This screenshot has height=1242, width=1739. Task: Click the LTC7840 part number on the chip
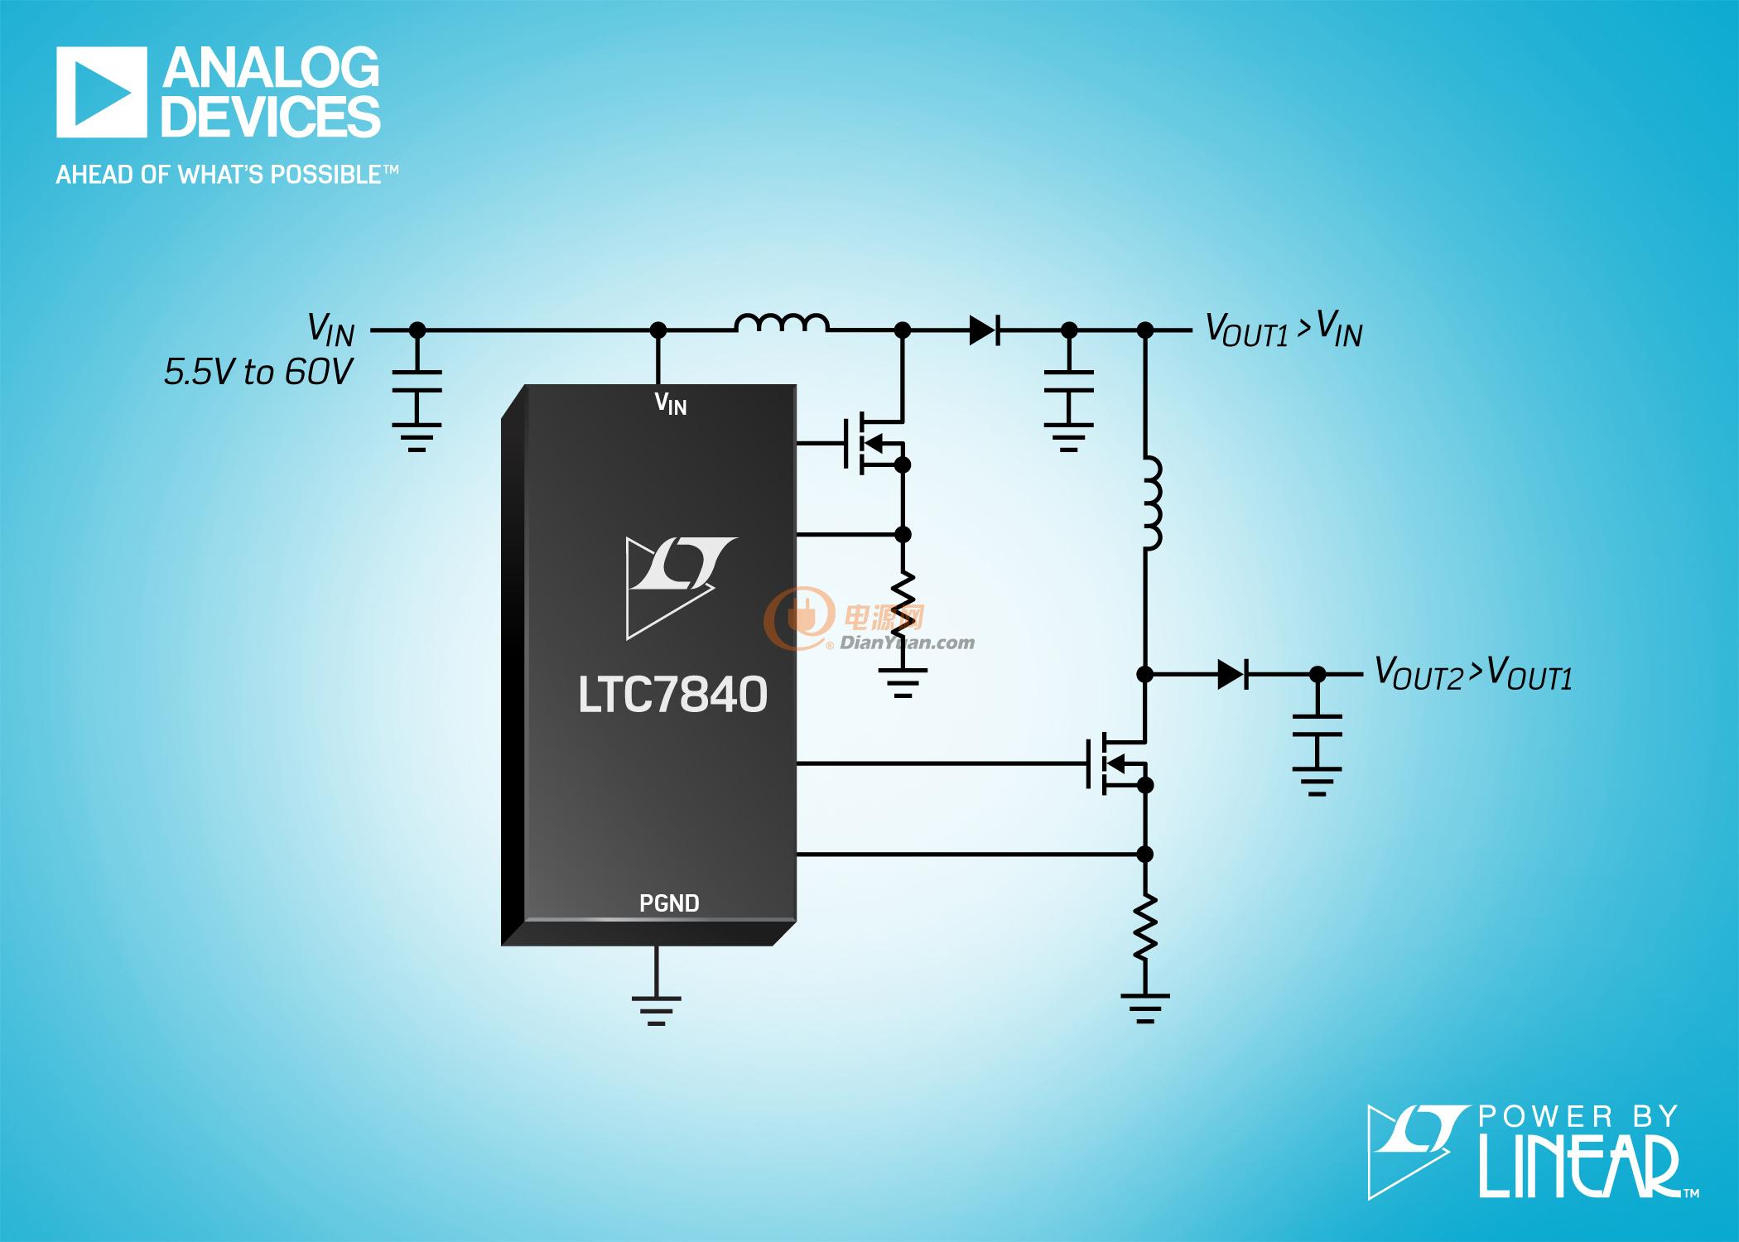point(672,695)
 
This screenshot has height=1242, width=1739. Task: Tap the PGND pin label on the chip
point(669,903)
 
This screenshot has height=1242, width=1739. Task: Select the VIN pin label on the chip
point(671,403)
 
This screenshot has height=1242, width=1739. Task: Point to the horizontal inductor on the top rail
point(781,323)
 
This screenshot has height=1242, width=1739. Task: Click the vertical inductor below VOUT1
point(1152,503)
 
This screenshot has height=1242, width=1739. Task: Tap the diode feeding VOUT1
point(985,330)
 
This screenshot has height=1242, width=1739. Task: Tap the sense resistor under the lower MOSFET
point(1145,927)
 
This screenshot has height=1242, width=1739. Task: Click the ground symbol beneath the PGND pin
point(657,1011)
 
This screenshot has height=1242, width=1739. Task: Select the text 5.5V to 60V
point(259,373)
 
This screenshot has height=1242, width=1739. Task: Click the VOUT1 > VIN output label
point(1284,330)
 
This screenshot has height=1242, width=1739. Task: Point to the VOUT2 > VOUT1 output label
point(1473,674)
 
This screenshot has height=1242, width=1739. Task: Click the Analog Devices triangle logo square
point(102,92)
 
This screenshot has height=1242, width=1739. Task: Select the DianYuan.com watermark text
point(908,643)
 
